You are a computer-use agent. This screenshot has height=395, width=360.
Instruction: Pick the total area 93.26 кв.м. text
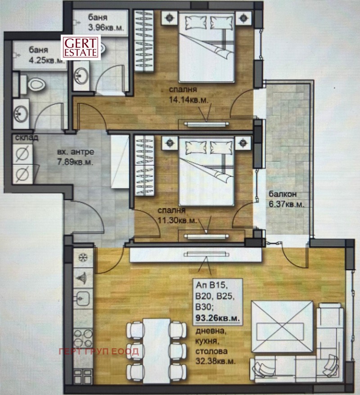click(x=217, y=319)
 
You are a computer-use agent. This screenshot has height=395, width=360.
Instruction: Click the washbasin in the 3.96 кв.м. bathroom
click(x=82, y=75)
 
